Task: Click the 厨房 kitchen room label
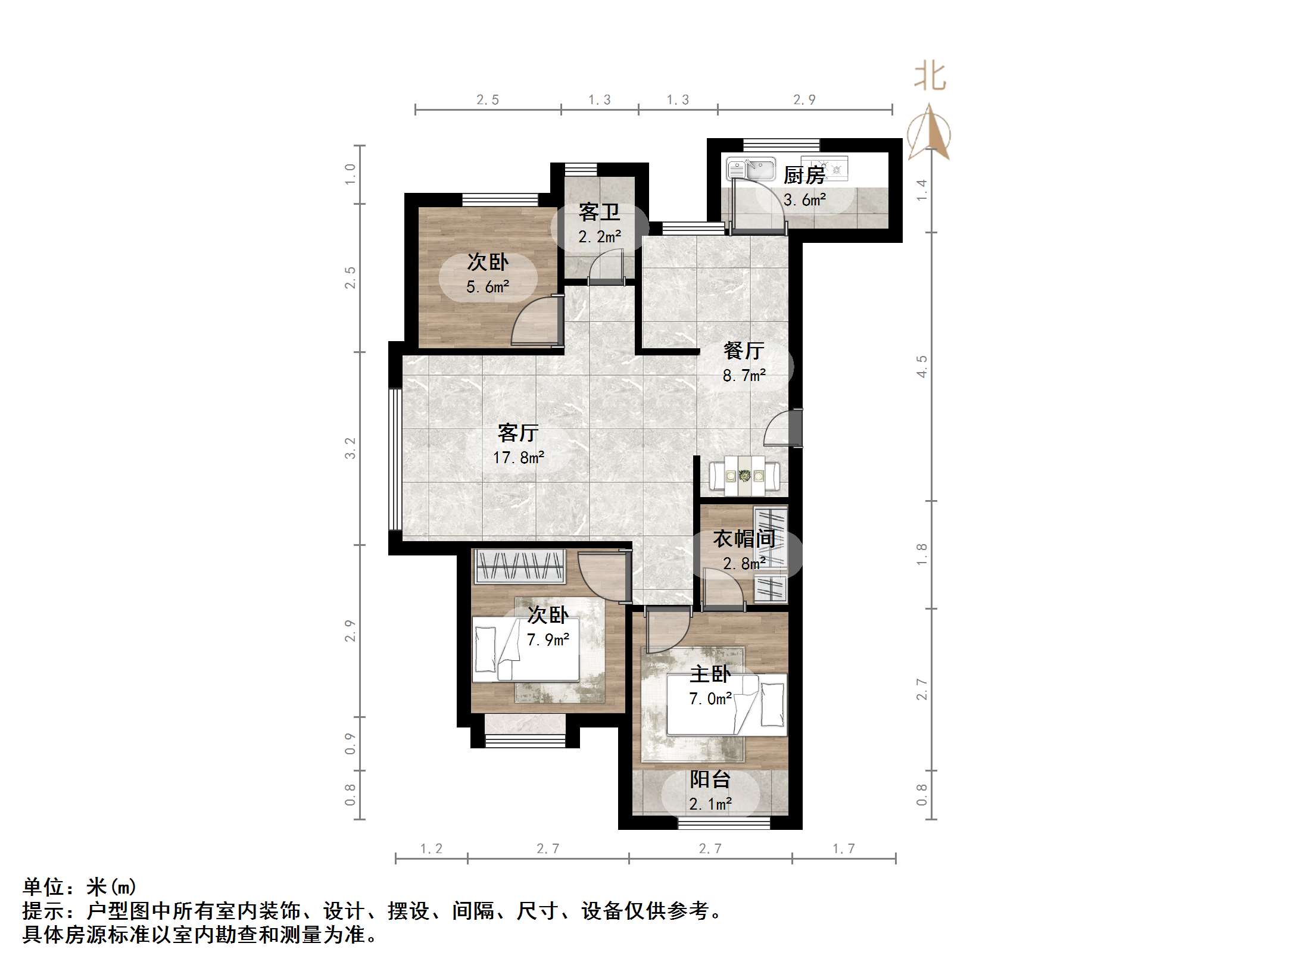point(804,175)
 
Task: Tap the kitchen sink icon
point(751,168)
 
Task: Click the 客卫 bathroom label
point(599,212)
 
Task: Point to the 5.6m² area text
point(487,287)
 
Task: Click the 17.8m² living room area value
point(518,457)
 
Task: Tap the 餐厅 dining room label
point(744,350)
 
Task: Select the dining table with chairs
point(744,476)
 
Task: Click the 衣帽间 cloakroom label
point(744,539)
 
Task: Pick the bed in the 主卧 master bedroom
point(726,705)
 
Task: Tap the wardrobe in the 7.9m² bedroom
point(519,566)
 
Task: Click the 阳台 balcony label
point(710,779)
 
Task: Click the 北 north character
point(930,77)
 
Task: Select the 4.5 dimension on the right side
point(922,366)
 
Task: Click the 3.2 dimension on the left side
point(350,448)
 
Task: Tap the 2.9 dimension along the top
point(804,100)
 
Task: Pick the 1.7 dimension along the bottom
point(843,848)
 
